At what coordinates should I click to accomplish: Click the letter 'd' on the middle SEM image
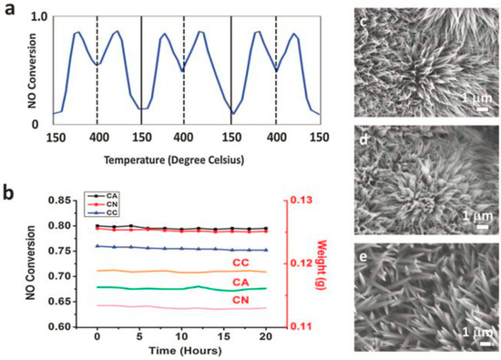(365, 139)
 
